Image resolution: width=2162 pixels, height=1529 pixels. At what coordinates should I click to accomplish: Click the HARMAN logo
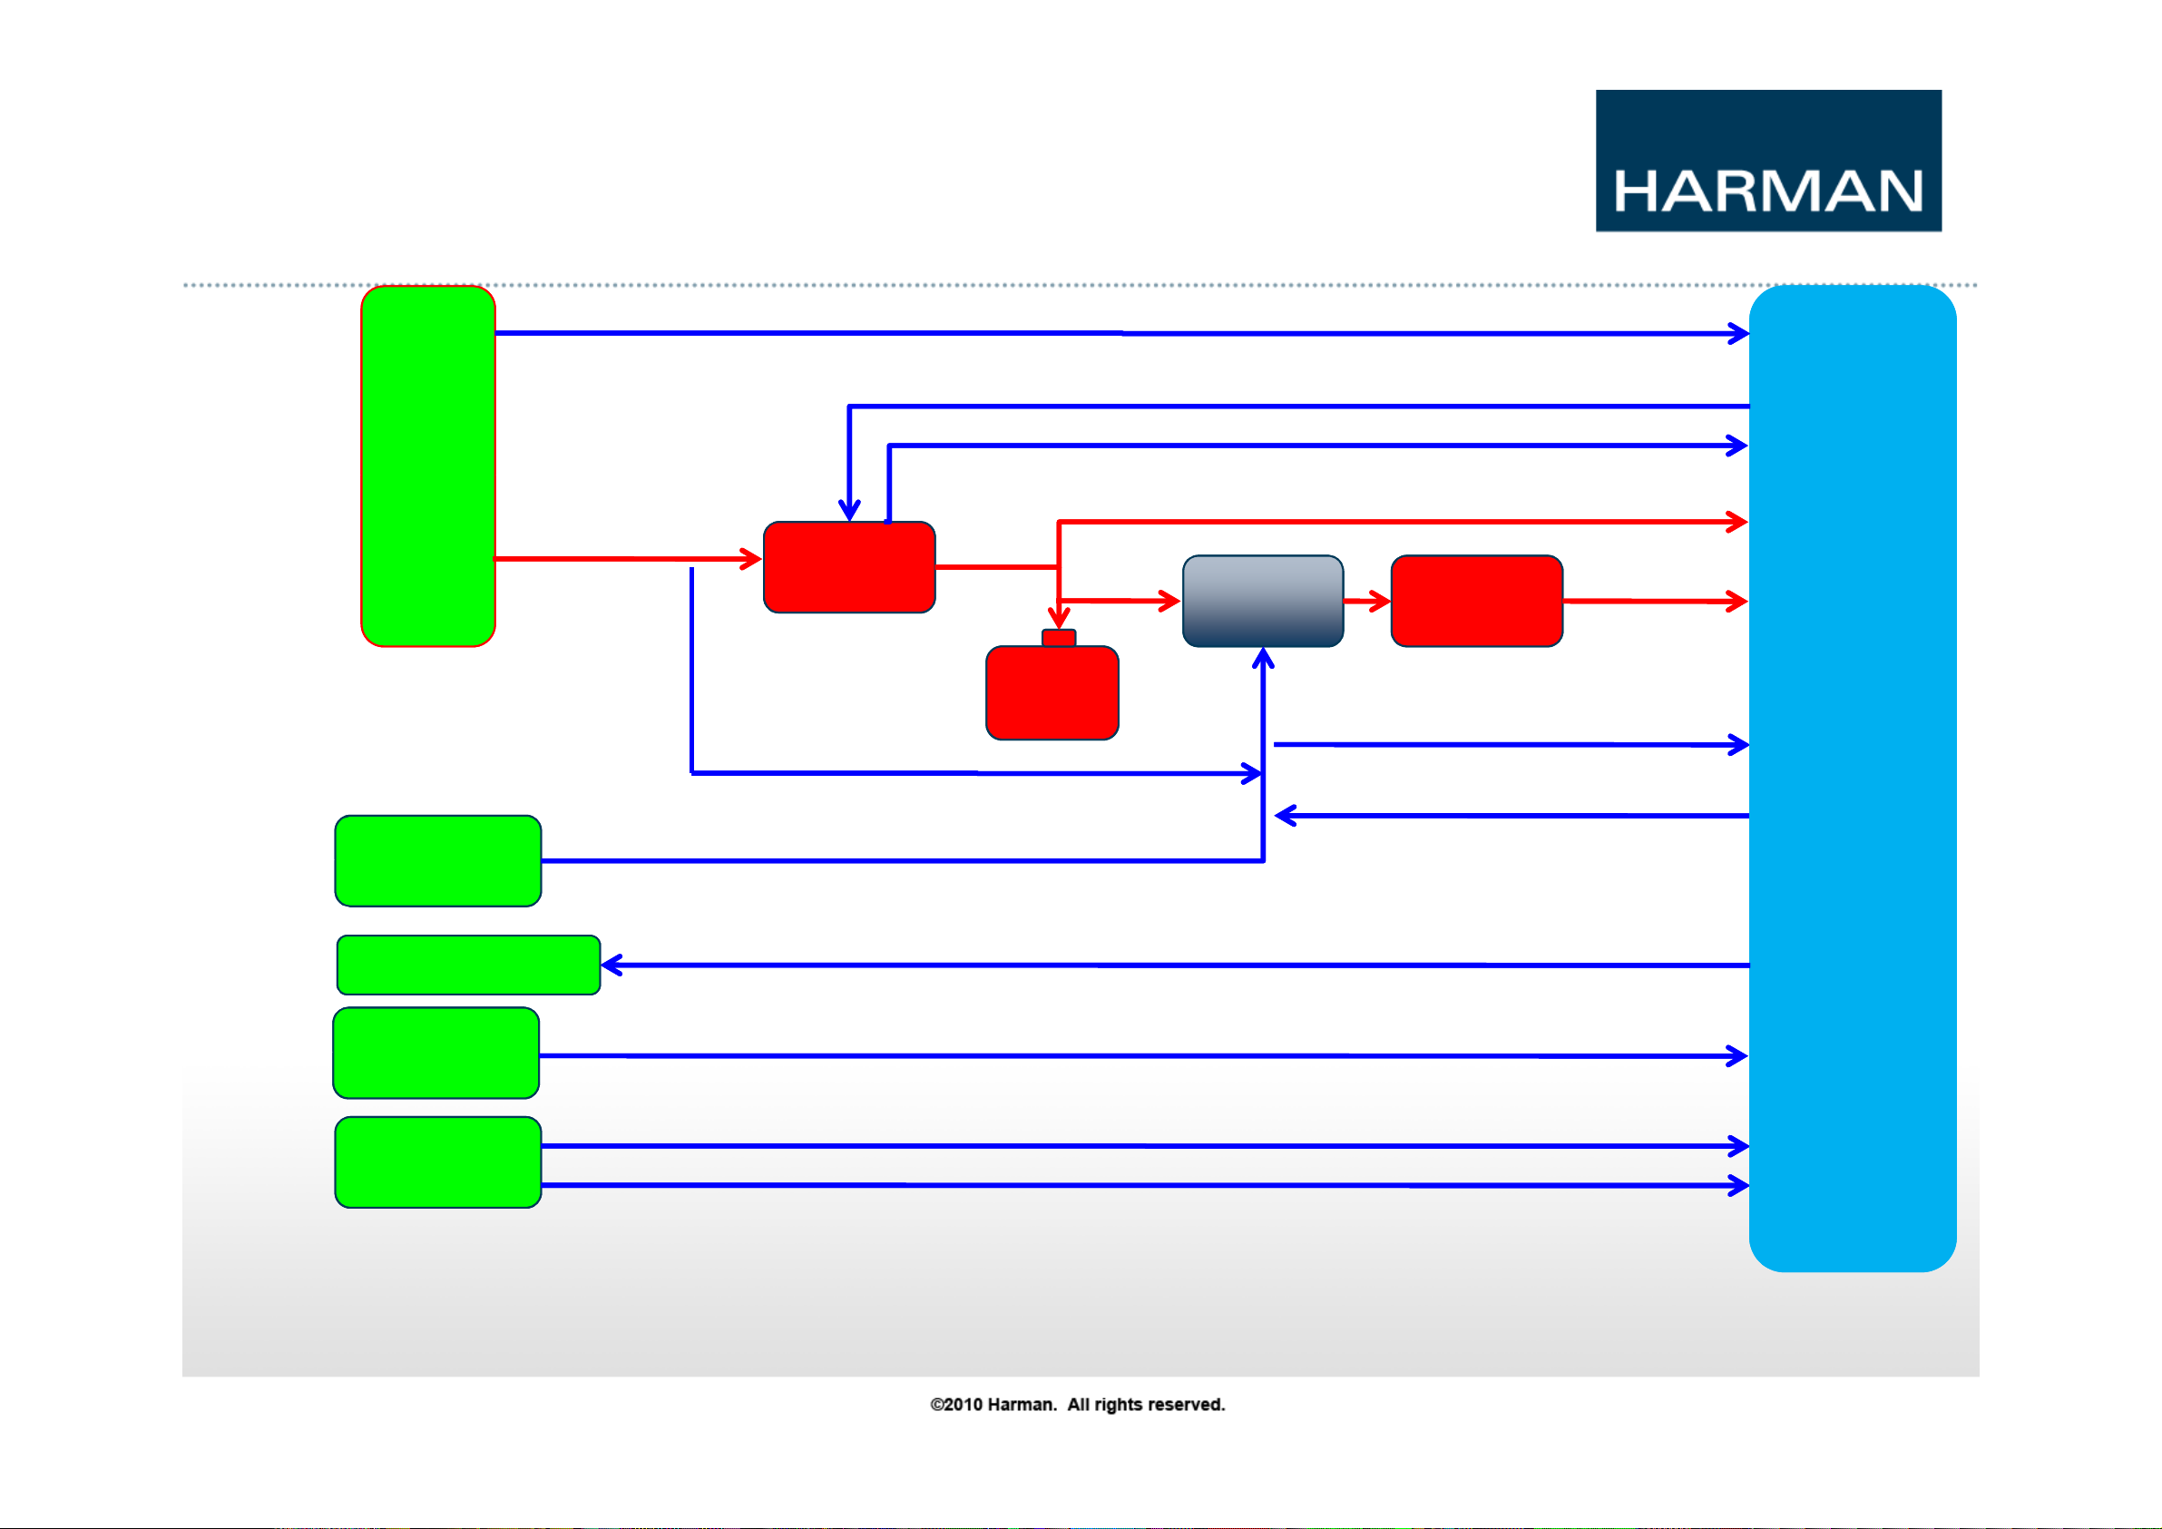coord(1767,160)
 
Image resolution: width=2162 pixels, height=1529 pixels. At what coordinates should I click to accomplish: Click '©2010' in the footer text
coord(955,1405)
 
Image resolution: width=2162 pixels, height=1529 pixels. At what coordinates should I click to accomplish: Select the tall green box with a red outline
coord(428,466)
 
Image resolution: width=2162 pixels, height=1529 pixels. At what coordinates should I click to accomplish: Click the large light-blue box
coord(1853,779)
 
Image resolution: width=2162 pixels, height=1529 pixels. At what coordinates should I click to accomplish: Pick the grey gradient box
coord(1263,601)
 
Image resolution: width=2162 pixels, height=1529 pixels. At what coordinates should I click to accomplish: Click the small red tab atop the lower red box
coord(1059,639)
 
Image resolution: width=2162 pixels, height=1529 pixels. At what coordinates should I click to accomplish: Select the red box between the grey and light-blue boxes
coord(1476,601)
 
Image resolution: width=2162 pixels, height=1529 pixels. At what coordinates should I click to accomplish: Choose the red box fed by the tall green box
coord(849,567)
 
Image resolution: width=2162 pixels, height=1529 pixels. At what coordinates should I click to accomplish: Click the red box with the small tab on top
coord(1052,692)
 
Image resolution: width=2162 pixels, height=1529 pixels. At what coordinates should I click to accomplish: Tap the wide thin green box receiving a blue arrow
coord(469,965)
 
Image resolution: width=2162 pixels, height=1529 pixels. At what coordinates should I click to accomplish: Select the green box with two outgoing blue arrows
coord(438,1161)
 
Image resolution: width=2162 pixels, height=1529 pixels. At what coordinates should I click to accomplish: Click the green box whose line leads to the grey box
coord(438,861)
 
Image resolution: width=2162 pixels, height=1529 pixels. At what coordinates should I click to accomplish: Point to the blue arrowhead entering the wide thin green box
coord(612,965)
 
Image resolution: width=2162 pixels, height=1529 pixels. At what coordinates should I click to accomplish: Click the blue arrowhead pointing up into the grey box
coord(1263,658)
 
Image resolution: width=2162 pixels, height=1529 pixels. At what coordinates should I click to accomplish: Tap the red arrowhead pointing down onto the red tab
coord(1059,618)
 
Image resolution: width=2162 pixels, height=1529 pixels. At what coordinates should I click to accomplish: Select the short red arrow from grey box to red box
coord(1367,601)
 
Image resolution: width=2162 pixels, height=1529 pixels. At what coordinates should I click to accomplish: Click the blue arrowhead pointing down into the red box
coord(849,511)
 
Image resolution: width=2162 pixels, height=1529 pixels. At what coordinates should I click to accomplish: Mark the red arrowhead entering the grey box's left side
coord(1169,600)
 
